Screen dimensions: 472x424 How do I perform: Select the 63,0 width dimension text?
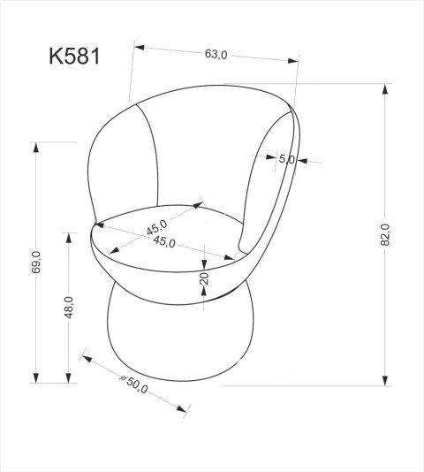(x=216, y=55)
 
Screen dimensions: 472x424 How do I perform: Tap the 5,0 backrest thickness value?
(x=285, y=159)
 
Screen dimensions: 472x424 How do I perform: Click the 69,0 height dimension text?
(x=36, y=263)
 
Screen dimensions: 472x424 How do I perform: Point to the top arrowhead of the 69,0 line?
(x=36, y=147)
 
